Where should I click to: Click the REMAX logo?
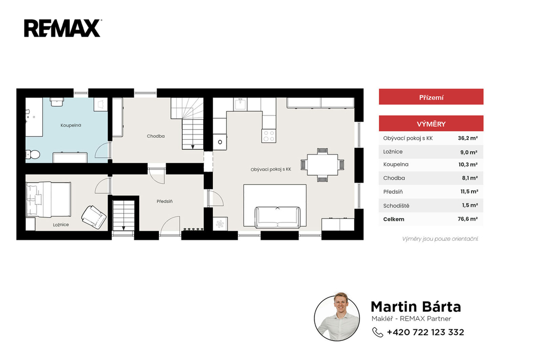(62, 29)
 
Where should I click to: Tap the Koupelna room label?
(71, 125)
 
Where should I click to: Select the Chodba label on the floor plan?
(156, 136)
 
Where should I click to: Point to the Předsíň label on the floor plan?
(165, 201)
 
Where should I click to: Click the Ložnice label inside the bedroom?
(61, 225)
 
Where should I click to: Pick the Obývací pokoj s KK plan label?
(270, 169)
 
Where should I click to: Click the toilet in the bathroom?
(33, 154)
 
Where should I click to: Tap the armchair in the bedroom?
(94, 217)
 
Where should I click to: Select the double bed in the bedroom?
(48, 200)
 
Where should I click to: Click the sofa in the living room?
(277, 217)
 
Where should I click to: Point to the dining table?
(322, 165)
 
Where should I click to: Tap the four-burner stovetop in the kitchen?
(268, 136)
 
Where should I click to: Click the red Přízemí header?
(431, 97)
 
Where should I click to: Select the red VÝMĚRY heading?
(431, 123)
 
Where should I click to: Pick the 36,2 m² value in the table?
(468, 138)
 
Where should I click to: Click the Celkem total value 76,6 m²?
(468, 219)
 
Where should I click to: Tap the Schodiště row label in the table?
(396, 206)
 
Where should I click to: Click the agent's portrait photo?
(337, 318)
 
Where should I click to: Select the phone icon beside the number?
(377, 332)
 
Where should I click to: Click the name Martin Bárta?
(416, 307)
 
